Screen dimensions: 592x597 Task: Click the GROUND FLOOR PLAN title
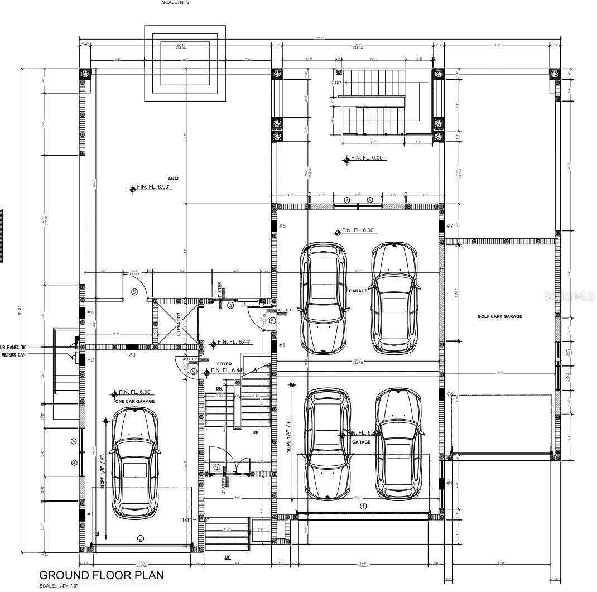click(x=101, y=575)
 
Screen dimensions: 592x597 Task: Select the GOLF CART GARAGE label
click(x=499, y=316)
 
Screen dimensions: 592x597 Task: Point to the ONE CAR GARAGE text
click(x=134, y=401)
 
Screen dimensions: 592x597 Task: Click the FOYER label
click(x=224, y=364)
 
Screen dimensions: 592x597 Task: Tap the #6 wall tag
click(x=282, y=225)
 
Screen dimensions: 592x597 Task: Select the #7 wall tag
click(x=450, y=225)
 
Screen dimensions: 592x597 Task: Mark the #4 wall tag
click(x=90, y=312)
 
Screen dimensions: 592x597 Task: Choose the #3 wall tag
click(x=132, y=354)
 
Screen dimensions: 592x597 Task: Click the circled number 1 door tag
click(x=363, y=507)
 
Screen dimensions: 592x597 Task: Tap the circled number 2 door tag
click(x=141, y=538)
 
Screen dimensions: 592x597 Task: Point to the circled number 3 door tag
click(x=216, y=467)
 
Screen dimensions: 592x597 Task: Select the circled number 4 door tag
click(x=230, y=305)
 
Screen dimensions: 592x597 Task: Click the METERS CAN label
click(x=16, y=354)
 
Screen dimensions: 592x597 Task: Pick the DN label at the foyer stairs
click(x=219, y=388)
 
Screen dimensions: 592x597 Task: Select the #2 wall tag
click(x=90, y=360)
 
